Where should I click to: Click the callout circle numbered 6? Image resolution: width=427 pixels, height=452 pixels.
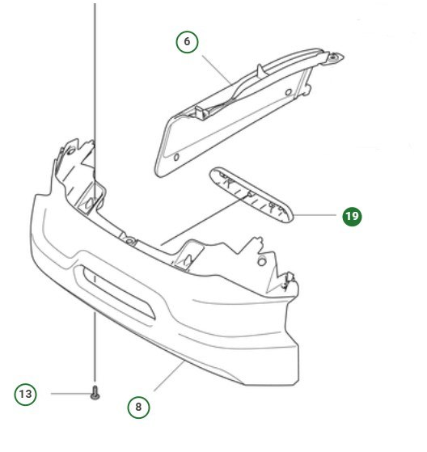pos(187,41)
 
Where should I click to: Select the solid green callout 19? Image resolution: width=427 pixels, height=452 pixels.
pos(352,216)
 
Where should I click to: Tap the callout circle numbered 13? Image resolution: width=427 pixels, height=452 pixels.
pos(26,394)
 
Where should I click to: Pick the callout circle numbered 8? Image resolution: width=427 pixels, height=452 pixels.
pos(138,407)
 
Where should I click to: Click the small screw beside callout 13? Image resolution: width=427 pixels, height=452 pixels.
pos(95,395)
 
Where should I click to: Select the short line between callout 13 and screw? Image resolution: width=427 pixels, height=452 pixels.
pos(68,394)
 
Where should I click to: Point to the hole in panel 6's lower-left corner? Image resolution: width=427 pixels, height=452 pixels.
pos(177,154)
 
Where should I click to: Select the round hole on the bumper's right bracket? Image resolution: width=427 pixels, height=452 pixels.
pos(263,262)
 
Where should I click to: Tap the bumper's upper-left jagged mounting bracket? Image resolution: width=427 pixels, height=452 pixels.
pos(73,162)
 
